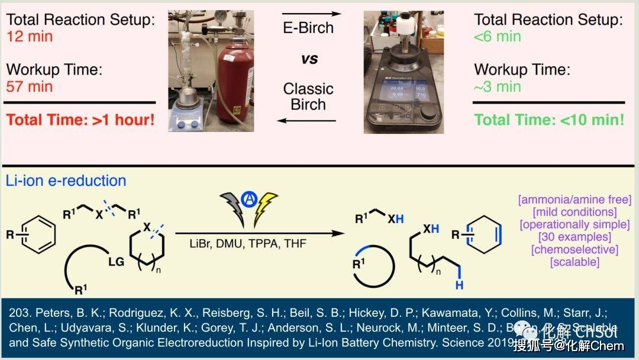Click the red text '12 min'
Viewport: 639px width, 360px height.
click(30, 37)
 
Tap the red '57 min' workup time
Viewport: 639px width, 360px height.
click(30, 86)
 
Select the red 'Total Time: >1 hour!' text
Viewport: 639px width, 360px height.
click(80, 120)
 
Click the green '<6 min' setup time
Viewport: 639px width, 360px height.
click(498, 37)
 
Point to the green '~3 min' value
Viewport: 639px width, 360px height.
click(498, 86)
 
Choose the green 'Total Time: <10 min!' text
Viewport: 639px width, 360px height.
click(550, 120)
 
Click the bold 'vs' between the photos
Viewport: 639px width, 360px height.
click(309, 59)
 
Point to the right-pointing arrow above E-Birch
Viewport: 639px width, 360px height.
click(309, 12)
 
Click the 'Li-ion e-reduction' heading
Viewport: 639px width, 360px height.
click(66, 181)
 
